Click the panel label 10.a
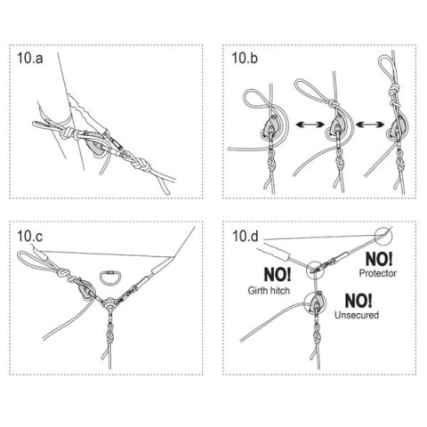[30, 58]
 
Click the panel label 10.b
[245, 58]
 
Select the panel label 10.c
[29, 236]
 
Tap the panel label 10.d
[246, 237]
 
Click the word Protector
[378, 273]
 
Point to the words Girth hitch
[269, 290]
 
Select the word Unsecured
[357, 315]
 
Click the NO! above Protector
[379, 259]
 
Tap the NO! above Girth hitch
[278, 275]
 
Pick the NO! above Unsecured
[359, 301]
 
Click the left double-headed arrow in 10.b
[310, 125]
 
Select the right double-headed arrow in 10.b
[370, 125]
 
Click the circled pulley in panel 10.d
[316, 302]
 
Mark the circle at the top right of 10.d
[383, 237]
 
